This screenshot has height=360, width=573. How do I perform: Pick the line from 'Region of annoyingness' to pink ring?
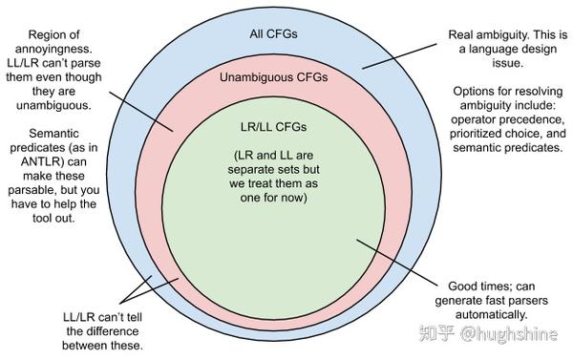coord(142,111)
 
